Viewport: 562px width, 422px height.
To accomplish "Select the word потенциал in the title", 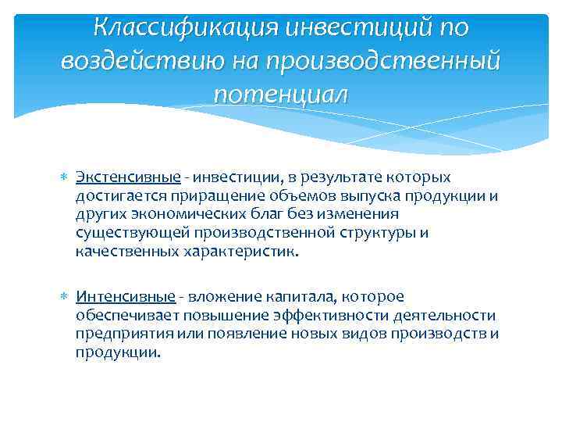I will pos(280,94).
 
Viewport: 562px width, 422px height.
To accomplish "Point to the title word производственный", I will pos(385,61).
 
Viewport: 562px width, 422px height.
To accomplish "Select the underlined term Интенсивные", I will pos(125,297).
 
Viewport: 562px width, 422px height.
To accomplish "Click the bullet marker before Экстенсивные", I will pos(65,178).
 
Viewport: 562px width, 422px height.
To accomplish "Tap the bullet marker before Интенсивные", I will pos(65,298).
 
